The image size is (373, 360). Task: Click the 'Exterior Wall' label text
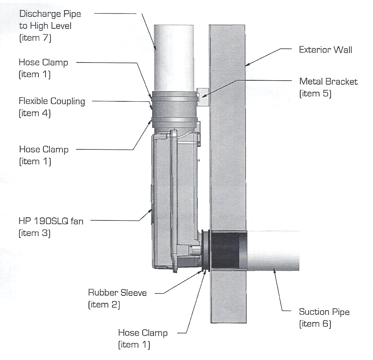coord(325,50)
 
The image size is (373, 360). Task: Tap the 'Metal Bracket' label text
coord(328,81)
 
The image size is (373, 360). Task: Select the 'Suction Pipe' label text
coord(324,312)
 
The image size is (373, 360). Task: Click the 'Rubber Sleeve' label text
coord(117,292)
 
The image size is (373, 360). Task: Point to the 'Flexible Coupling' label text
coord(52,101)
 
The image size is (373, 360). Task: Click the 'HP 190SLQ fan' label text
coord(51,221)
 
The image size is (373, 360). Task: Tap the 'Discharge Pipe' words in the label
coord(50,14)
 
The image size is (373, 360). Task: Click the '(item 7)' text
coord(35,38)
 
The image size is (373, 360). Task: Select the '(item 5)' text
coord(315,94)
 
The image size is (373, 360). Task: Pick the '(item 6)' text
coord(315,324)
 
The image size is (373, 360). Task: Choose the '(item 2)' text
coord(104,304)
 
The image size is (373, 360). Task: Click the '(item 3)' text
coord(35,233)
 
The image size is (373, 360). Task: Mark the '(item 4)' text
coord(35,113)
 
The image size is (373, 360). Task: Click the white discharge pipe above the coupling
coord(174,56)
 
